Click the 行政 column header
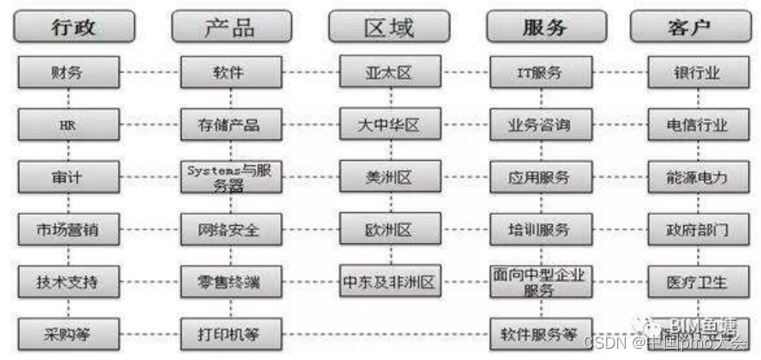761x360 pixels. tap(73, 27)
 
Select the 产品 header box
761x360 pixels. tap(230, 27)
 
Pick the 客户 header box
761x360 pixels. tap(690, 27)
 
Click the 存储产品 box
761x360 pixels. tap(231, 125)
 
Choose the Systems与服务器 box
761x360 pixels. tap(231, 177)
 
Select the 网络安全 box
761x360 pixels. tap(231, 230)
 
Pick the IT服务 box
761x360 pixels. tap(539, 72)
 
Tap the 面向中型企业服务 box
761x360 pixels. tap(539, 282)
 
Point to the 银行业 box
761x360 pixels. tap(697, 72)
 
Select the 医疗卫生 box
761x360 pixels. tap(697, 281)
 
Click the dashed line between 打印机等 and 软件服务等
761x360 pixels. tap(385, 331)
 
